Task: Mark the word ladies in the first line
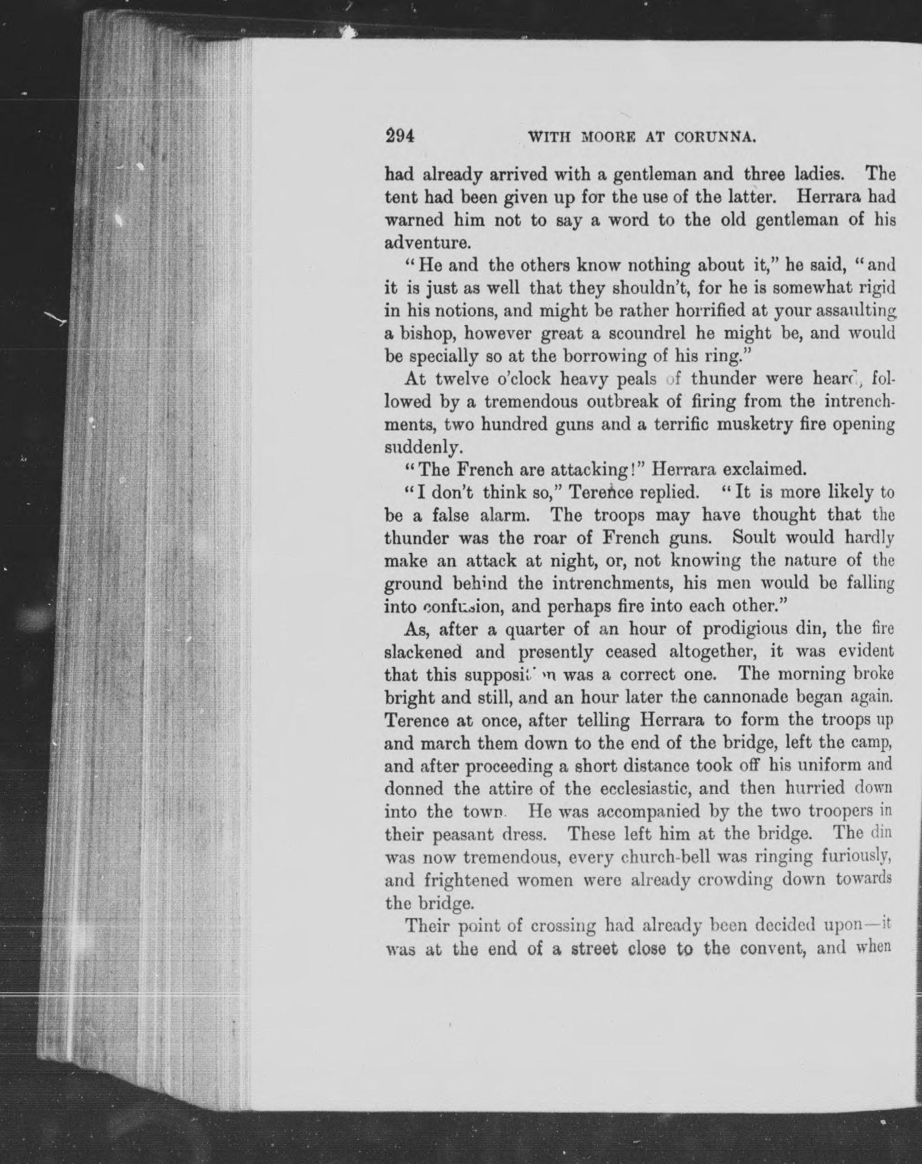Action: click(812, 175)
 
